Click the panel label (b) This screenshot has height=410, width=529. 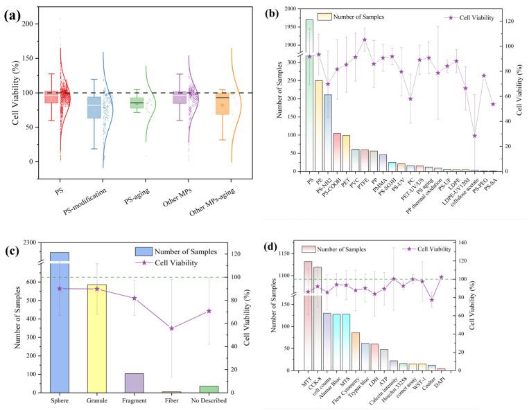click(278, 13)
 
